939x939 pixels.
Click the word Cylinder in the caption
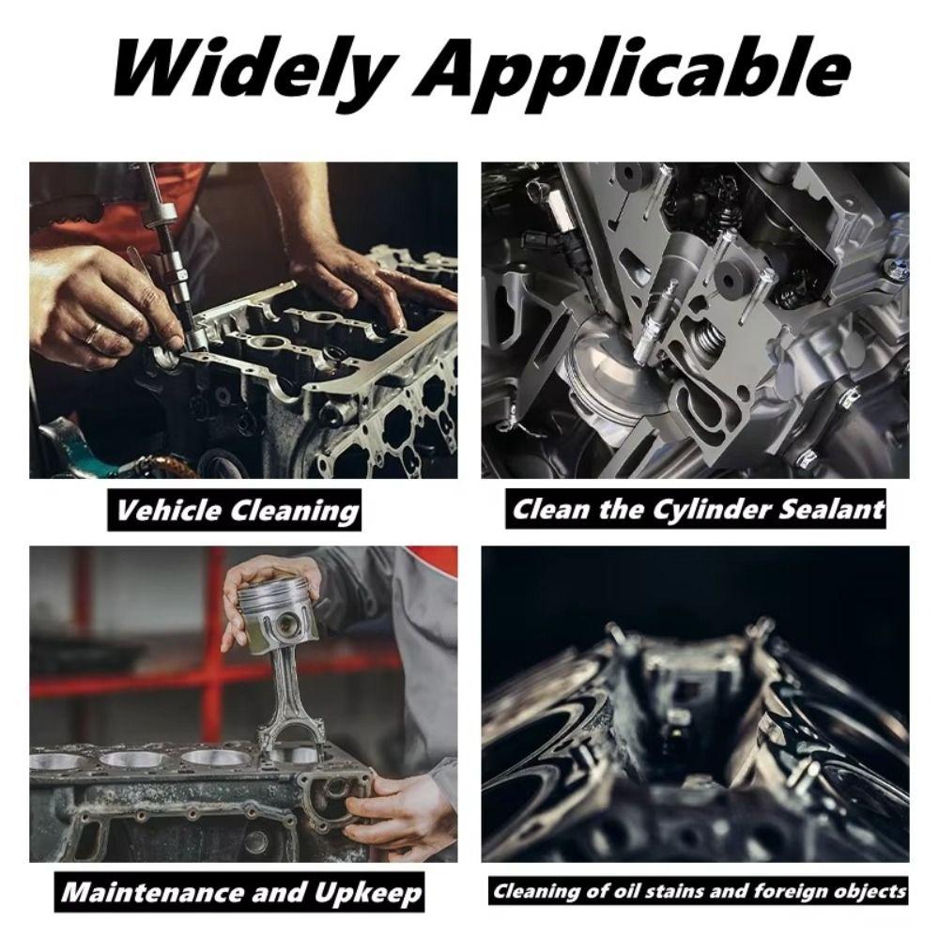pos(694,510)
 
